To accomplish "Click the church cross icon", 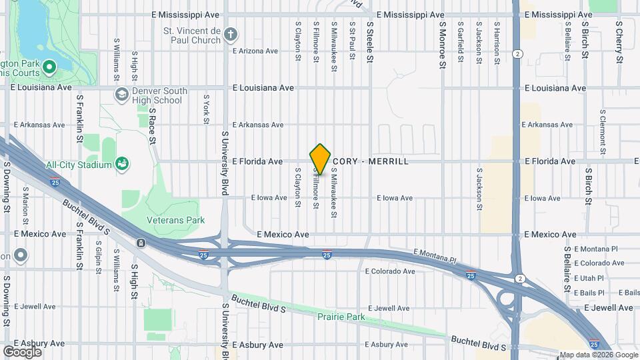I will point(231,35).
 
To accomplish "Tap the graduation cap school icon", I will point(121,95).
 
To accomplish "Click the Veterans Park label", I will point(175,220).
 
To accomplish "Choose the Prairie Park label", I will point(341,317).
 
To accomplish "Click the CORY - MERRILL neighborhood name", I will point(371,161).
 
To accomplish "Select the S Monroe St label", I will point(441,44).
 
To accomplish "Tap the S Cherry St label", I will point(619,41).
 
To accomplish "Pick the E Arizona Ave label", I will point(255,51).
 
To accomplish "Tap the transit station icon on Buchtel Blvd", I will point(141,243).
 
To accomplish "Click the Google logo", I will point(22,351).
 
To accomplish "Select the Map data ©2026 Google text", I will point(599,355).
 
